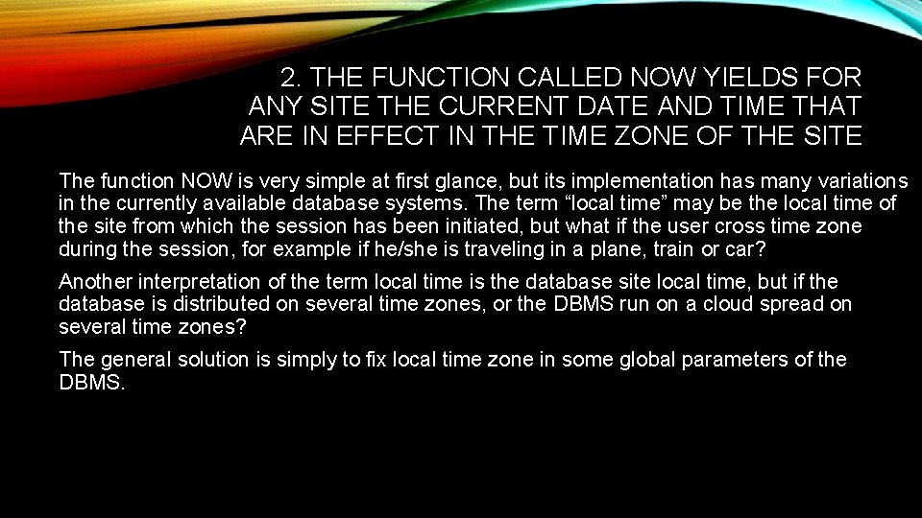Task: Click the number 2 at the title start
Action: pos(288,76)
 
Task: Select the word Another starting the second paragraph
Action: pos(96,282)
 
